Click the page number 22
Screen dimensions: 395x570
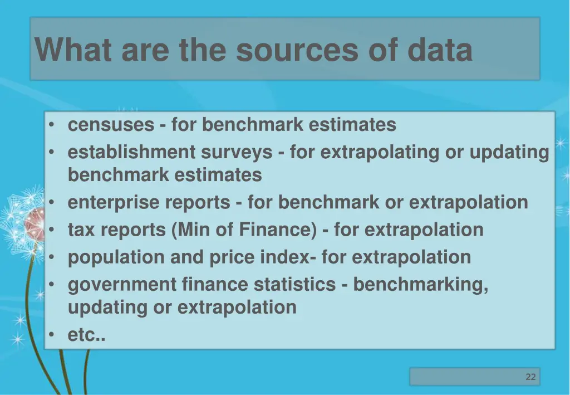(x=530, y=377)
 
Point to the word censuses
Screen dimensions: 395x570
(x=111, y=125)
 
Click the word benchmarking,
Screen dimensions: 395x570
(x=421, y=285)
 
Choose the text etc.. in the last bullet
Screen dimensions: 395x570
(x=86, y=335)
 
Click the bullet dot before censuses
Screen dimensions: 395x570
(x=51, y=125)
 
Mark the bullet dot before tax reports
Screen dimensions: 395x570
(x=51, y=230)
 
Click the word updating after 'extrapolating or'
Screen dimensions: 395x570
(x=509, y=152)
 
